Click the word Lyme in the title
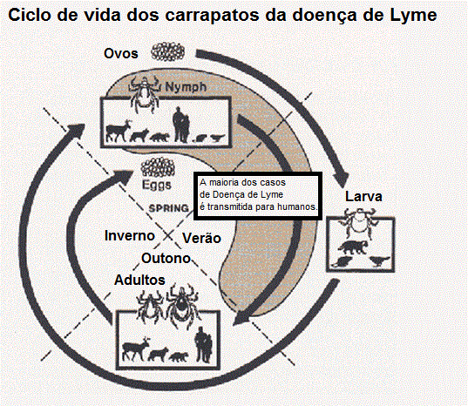point(413,15)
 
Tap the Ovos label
point(121,54)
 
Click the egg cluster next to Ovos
point(167,52)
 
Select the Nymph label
point(186,87)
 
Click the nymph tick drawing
point(144,93)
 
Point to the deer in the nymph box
point(119,131)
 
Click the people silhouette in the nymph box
point(181,125)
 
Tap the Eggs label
point(157,185)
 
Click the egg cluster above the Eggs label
point(158,167)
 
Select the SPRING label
point(168,208)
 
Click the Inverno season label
point(130,235)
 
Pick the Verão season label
point(202,238)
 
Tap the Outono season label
point(166,259)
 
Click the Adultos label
point(139,281)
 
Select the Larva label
point(363,197)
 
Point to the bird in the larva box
point(380,261)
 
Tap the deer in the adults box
point(136,348)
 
